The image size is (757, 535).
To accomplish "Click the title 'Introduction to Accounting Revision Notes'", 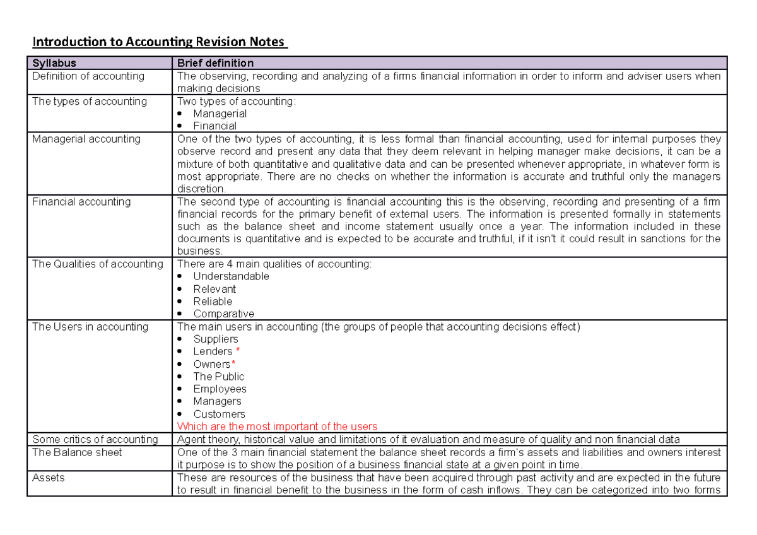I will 160,43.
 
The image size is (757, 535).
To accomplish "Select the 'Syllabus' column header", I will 54,63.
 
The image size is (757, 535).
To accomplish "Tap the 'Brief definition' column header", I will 215,63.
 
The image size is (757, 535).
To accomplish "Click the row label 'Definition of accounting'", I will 88,76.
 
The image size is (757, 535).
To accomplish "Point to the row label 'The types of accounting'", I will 89,102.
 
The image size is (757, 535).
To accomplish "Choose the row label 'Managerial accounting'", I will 86,139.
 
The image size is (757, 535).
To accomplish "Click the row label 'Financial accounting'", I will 81,202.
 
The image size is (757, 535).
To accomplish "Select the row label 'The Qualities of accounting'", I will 98,264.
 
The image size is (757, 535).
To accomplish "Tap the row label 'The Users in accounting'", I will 90,327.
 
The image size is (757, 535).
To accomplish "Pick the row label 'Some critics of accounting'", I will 95,440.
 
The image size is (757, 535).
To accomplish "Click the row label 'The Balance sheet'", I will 77,452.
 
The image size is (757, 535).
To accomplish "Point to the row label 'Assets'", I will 49,478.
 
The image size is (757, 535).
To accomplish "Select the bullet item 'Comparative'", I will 224,314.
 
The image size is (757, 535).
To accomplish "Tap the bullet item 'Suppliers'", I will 216,339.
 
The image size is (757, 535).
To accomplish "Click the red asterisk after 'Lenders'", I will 238,351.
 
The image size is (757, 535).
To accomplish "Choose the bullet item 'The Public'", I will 219,377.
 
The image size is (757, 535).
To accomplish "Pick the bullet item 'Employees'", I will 220,389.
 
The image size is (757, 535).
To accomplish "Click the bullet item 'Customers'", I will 219,414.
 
